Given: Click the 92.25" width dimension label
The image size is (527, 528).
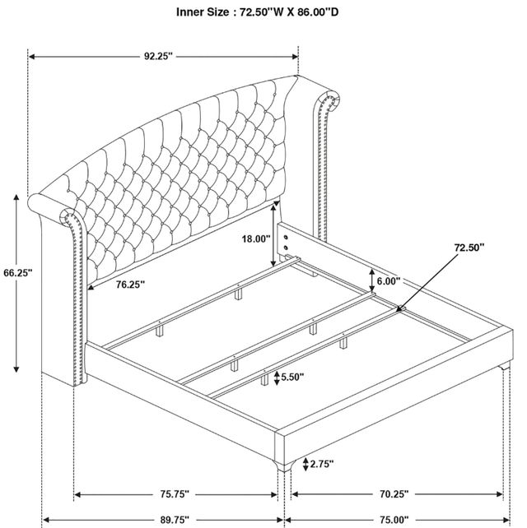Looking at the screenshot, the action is [x=158, y=56].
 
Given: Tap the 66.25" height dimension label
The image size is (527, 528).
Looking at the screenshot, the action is [x=18, y=272].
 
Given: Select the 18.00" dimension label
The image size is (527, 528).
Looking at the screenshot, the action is [x=256, y=239].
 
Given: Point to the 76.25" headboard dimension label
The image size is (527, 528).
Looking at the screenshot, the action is [x=130, y=285].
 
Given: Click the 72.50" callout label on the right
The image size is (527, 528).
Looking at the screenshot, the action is [x=469, y=248].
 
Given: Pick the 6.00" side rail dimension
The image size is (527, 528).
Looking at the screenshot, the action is [x=389, y=280].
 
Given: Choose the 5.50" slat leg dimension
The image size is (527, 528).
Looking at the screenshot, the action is [x=292, y=377].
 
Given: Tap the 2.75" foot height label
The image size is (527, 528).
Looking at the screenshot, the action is [x=322, y=464].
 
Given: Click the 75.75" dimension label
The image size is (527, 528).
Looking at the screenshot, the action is [x=175, y=494].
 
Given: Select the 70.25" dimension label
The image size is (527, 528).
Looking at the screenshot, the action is [x=394, y=494].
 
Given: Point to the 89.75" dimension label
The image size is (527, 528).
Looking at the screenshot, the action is [x=175, y=520].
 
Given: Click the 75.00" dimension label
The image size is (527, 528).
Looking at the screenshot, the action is [x=394, y=520].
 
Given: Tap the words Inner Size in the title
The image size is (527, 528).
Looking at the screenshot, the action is [x=203, y=12].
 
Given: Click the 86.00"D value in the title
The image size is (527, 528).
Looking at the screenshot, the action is [x=319, y=12].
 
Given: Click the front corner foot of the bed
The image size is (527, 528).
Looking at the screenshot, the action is [x=284, y=465].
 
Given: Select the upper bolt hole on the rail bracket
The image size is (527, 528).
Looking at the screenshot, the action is [x=286, y=237].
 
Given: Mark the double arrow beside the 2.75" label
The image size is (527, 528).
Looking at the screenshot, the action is [x=305, y=464].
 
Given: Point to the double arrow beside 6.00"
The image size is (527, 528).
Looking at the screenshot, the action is [x=372, y=280].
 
